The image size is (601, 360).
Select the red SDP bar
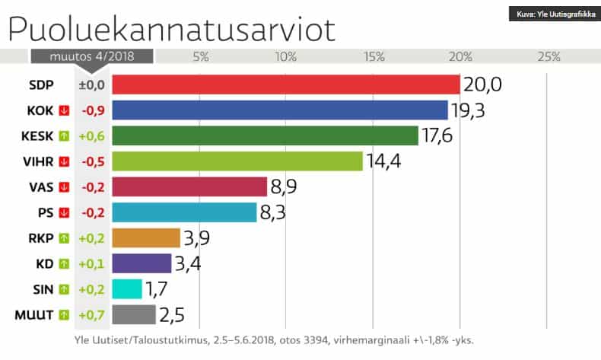285,84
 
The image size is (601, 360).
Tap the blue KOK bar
279,110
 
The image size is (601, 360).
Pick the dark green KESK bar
265,135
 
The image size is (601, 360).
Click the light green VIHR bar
237,161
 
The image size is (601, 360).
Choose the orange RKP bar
145,238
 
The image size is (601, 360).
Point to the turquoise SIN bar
126,289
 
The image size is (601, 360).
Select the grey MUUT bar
134,314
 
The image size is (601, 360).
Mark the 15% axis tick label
374,57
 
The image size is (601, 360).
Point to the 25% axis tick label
548,57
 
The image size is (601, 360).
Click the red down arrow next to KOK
65,110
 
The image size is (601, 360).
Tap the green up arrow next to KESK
65,135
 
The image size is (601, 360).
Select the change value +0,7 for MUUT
91,314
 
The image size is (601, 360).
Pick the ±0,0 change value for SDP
91,84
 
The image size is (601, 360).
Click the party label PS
45,212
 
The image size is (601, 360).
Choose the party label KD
44,263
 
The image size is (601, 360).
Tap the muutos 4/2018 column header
91,57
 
